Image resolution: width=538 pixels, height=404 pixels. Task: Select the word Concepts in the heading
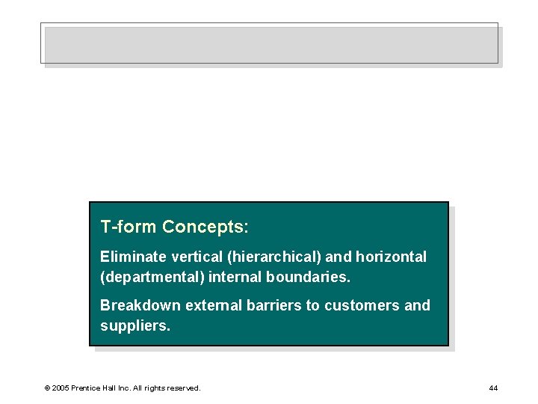click(x=205, y=227)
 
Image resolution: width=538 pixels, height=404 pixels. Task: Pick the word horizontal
click(x=391, y=257)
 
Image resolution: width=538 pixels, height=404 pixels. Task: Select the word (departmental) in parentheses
click(x=152, y=277)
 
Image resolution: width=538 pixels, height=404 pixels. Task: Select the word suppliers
click(x=134, y=325)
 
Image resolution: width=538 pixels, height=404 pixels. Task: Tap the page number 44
click(x=493, y=388)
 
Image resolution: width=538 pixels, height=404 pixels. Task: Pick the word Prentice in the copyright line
click(x=87, y=388)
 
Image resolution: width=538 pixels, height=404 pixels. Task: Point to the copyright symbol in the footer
click(x=47, y=388)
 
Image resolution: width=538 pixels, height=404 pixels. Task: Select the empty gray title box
click(x=269, y=45)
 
